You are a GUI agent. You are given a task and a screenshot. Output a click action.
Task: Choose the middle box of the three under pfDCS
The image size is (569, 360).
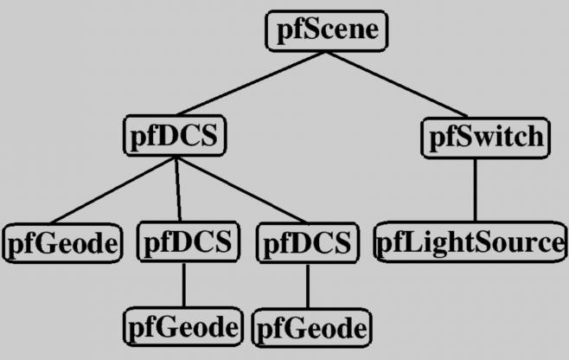pyautogui.click(x=187, y=242)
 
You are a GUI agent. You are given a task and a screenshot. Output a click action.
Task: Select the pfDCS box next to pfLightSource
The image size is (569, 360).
pyautogui.click(x=308, y=242)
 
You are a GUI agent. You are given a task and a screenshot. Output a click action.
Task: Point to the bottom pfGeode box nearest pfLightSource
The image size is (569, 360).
pyautogui.click(x=308, y=329)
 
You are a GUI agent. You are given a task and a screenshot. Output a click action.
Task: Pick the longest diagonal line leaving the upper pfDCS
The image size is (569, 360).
pyautogui.click(x=240, y=190)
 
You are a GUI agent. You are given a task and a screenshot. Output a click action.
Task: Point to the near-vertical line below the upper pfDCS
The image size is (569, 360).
pyautogui.click(x=178, y=190)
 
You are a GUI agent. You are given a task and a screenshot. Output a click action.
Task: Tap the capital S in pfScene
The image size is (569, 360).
pyautogui.click(x=309, y=31)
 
